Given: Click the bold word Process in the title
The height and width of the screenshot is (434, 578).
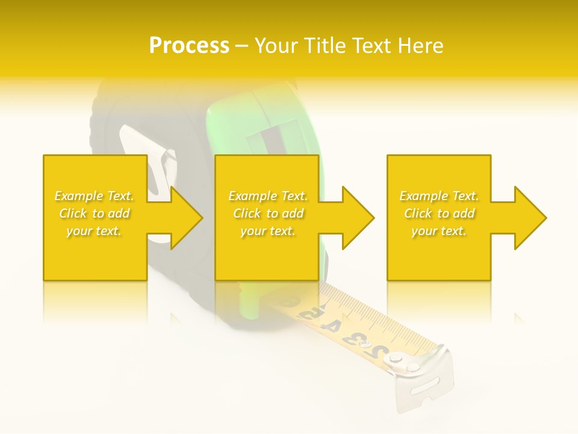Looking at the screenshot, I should point(189,46).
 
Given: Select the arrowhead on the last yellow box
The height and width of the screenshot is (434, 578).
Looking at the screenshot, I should point(529,218).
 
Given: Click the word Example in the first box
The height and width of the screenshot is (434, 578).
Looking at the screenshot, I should point(79,196).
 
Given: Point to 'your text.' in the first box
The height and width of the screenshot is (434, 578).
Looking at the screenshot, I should point(94,231).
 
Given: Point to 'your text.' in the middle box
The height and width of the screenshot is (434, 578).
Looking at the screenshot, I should point(268,231).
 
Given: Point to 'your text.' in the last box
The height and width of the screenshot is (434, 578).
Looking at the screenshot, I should point(439,231).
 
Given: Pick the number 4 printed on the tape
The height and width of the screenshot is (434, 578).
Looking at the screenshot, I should point(331,326).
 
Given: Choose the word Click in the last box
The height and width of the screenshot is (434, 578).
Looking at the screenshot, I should point(418,213).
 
